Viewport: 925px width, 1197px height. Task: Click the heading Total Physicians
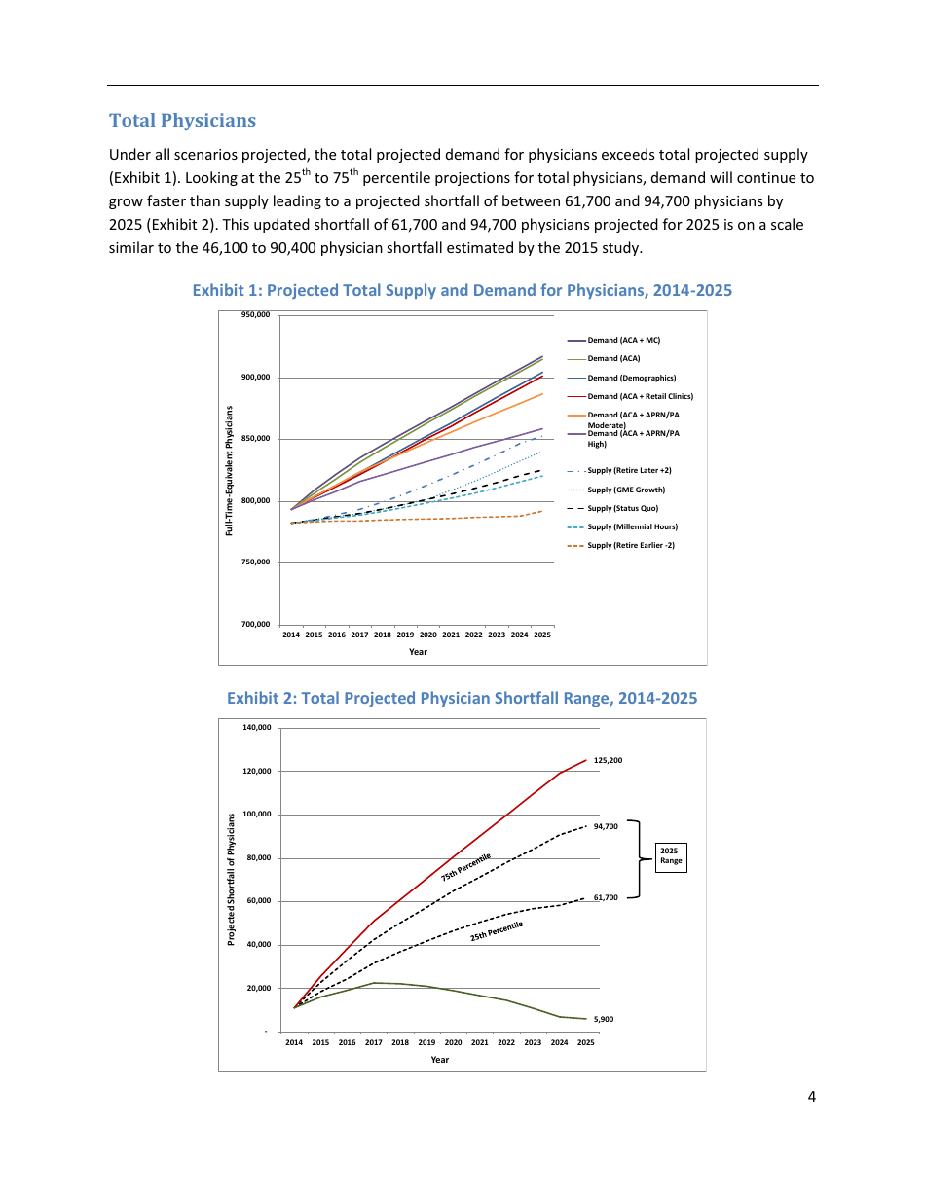tap(182, 121)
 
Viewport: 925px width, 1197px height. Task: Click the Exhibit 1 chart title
tap(462, 290)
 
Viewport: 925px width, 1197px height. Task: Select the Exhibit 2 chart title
tap(462, 698)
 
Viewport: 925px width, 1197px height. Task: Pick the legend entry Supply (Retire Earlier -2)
tap(630, 545)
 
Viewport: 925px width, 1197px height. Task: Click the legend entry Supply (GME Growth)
tap(626, 490)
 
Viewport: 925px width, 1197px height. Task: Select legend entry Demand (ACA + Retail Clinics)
tap(640, 396)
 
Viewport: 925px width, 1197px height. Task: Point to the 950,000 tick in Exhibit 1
tap(255, 315)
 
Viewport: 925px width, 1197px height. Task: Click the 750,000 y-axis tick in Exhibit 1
tap(255, 562)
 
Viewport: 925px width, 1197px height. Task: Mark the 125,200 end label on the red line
tap(608, 760)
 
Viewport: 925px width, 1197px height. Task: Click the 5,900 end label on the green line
tap(604, 1019)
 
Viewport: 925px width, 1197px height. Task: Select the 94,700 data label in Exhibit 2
tap(606, 826)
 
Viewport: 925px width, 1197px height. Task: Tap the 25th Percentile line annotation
tap(497, 931)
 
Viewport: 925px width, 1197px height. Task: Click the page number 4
tap(811, 1098)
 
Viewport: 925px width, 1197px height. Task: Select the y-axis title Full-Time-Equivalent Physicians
tap(229, 469)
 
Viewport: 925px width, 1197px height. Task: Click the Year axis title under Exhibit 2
tap(439, 1060)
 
